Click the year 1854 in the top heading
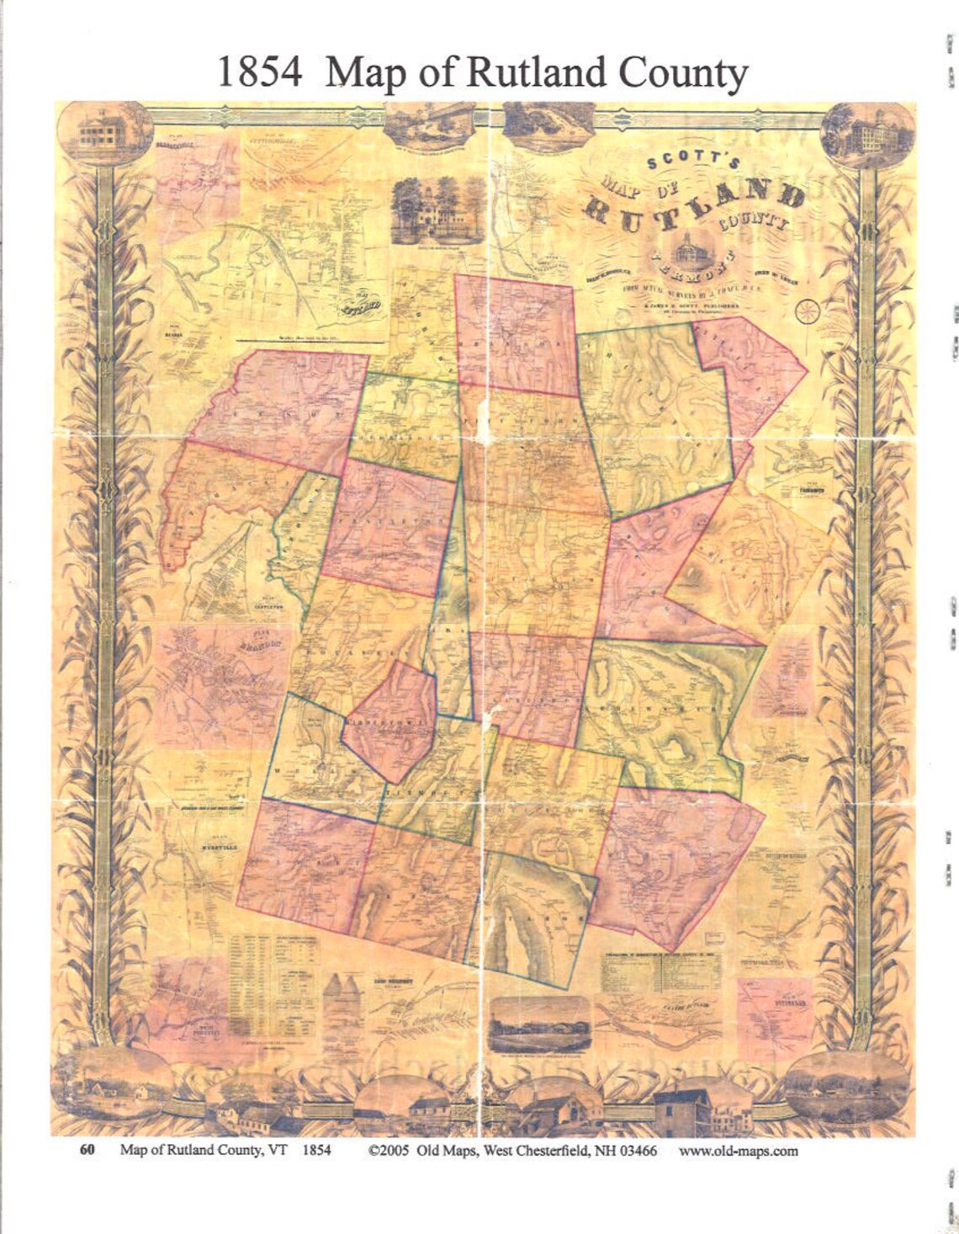[259, 73]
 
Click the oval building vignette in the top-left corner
[104, 133]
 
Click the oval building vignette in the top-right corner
[866, 135]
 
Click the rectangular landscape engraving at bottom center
[540, 1023]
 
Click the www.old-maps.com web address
[738, 1150]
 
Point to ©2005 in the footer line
[390, 1150]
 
